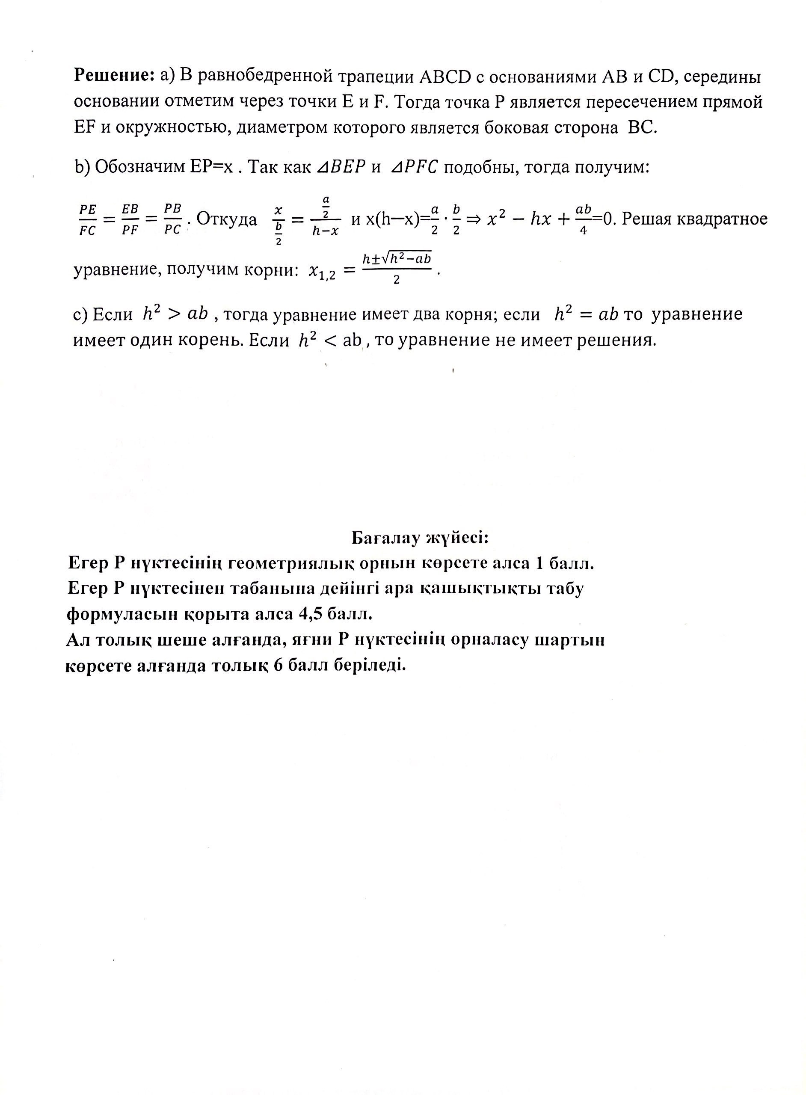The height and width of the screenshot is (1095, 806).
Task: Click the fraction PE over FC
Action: [x=88, y=220]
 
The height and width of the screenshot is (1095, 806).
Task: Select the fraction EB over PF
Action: [x=130, y=220]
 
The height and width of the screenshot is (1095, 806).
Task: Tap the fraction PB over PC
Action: [x=172, y=220]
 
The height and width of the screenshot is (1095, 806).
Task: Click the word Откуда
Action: [x=226, y=219]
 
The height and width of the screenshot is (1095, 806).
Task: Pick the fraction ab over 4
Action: [x=584, y=220]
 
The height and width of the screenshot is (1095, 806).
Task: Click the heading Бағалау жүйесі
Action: [x=420, y=538]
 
